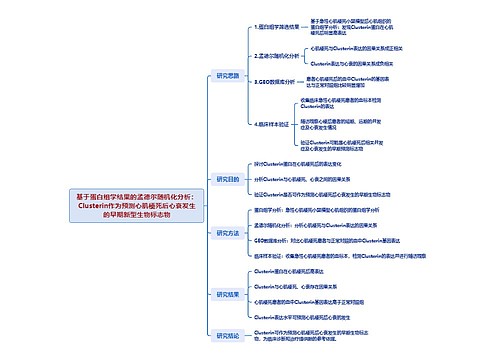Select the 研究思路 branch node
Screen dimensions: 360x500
pyautogui.click(x=228, y=75)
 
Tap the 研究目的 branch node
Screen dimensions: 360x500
pyautogui.click(x=228, y=179)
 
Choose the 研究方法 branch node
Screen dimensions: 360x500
pyautogui.click(x=228, y=232)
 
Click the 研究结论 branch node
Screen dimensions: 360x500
pyautogui.click(x=228, y=336)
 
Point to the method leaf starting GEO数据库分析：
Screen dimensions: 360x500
pyautogui.click(x=335, y=241)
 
